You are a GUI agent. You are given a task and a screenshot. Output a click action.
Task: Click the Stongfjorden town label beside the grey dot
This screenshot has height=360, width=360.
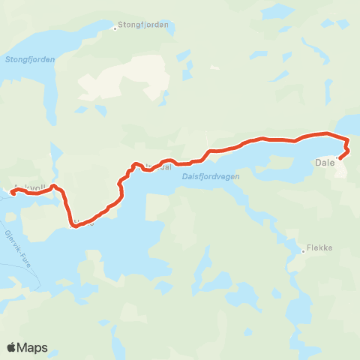(145, 25)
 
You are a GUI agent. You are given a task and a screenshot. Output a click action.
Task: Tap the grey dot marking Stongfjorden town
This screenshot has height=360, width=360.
(115, 28)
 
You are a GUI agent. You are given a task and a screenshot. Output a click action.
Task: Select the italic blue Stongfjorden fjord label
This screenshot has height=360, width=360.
(31, 60)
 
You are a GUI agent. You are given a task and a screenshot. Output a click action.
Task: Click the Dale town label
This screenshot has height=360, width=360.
(325, 162)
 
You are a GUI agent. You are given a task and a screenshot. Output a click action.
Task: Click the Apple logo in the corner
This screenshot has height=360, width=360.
(12, 347)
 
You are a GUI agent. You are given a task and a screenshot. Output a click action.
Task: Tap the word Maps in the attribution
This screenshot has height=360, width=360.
(33, 348)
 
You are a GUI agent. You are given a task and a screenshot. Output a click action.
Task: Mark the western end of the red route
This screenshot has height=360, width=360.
(13, 193)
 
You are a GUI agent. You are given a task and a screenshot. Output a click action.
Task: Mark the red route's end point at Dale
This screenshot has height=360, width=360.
(341, 157)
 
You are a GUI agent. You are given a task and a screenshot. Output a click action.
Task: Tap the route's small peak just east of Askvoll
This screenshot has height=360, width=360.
(54, 185)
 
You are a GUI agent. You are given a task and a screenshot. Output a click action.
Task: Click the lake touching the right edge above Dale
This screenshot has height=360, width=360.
(352, 123)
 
